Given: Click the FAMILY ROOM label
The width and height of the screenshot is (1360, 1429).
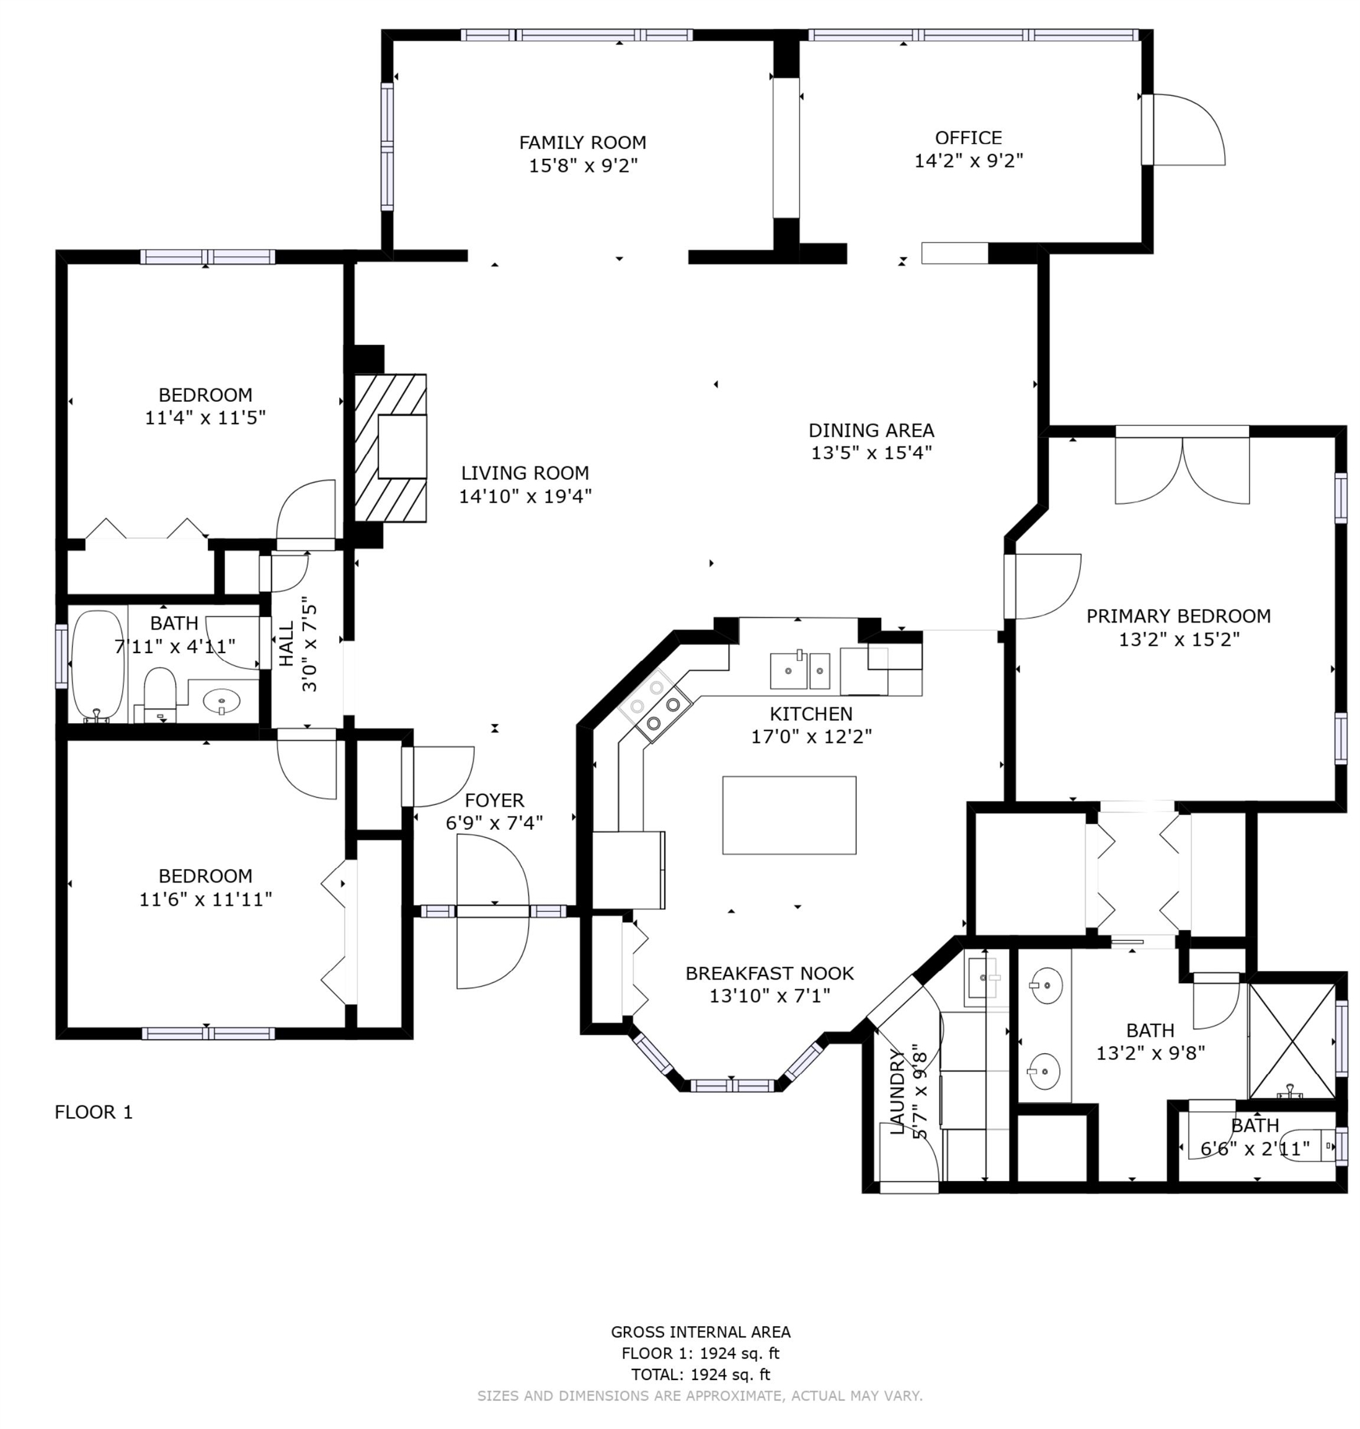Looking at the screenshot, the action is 582,143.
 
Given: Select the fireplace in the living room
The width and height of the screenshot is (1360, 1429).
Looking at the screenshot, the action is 390,447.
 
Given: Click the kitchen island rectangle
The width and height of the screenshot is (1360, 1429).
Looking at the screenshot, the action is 789,815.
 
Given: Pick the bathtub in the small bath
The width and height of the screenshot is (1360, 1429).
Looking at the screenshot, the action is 98,666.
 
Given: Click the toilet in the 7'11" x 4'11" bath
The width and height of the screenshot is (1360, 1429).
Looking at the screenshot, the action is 160,695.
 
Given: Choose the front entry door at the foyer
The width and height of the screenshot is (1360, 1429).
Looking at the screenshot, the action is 492,910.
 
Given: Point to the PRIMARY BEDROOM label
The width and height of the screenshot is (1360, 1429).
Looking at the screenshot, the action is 1178,617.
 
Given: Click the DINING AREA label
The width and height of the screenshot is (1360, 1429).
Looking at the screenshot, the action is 871,430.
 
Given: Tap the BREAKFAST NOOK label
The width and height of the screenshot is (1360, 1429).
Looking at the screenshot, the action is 769,973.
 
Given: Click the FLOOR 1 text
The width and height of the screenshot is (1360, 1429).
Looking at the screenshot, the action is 94,1112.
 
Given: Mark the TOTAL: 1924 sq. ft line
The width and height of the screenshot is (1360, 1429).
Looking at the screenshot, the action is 700,1374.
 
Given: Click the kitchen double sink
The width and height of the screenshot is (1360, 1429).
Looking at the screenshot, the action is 799,670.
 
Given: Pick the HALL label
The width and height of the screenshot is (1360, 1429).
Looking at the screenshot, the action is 287,644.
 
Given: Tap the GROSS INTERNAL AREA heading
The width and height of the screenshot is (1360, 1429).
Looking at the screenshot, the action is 700,1332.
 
